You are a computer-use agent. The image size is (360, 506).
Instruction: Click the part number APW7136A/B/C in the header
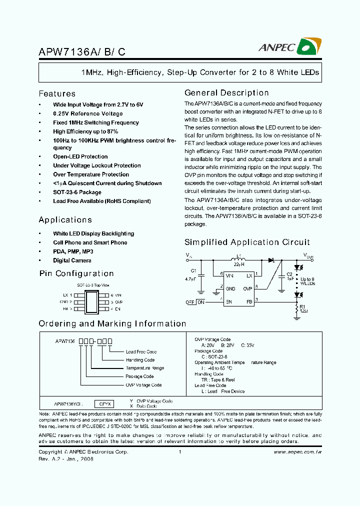[x=75, y=51]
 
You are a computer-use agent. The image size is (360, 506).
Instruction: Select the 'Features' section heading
[x=57, y=93]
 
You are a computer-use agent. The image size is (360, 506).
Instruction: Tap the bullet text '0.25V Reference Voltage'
[x=87, y=113]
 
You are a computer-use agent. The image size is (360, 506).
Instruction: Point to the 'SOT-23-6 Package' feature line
[x=77, y=192]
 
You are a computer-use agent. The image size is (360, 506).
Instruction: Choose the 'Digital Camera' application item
[x=72, y=260]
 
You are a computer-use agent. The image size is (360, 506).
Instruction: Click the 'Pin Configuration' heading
[x=76, y=273]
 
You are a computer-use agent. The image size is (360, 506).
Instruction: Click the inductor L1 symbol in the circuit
[x=239, y=260]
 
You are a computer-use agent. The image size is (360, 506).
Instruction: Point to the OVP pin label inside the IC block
[x=247, y=288]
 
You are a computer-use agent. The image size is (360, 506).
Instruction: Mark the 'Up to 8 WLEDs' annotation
[x=307, y=281]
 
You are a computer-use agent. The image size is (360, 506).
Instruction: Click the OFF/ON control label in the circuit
[x=195, y=302]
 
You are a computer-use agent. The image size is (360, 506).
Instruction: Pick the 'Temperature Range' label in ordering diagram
[x=144, y=368]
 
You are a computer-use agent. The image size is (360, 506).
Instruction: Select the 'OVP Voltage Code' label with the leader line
[x=143, y=385]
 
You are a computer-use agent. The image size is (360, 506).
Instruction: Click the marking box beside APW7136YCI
[x=106, y=403]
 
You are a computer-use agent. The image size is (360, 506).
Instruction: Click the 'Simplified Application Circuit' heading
[x=247, y=242]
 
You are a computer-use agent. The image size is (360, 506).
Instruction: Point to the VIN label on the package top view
[x=118, y=295]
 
